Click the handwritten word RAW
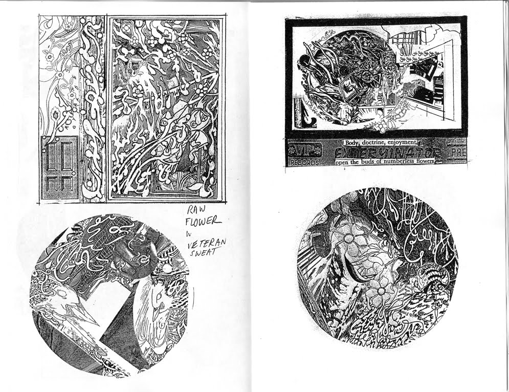tap(195, 209)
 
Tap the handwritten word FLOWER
tap(204, 221)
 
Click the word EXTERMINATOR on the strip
tap(386, 152)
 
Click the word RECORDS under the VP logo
tap(304, 162)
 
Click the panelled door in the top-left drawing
tap(60, 168)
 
